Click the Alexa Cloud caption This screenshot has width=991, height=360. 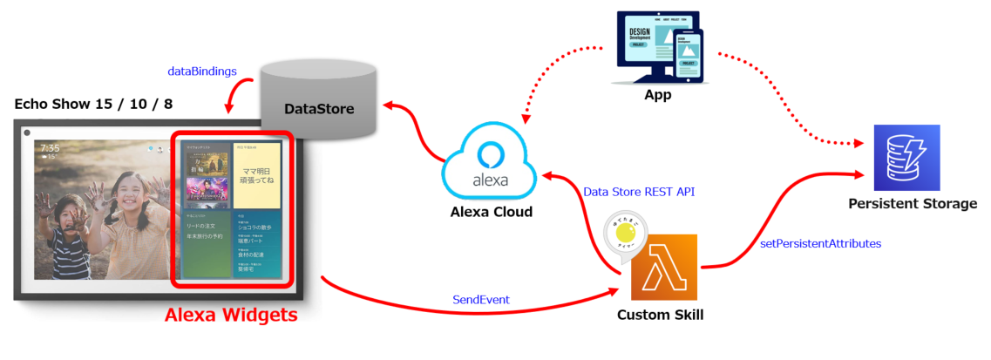(x=491, y=212)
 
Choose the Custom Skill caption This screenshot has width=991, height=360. (x=660, y=314)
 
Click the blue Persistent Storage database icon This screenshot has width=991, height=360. (x=906, y=158)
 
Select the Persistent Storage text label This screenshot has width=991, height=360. (x=912, y=203)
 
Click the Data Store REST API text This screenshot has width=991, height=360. (x=634, y=191)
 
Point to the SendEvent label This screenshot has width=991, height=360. (x=480, y=299)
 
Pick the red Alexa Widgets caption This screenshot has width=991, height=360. (x=232, y=315)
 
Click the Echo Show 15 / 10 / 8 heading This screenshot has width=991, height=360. (x=93, y=104)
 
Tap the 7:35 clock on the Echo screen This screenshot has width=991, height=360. (x=50, y=149)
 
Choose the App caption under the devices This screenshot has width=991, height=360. (x=657, y=95)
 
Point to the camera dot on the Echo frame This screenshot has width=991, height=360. (x=27, y=132)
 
